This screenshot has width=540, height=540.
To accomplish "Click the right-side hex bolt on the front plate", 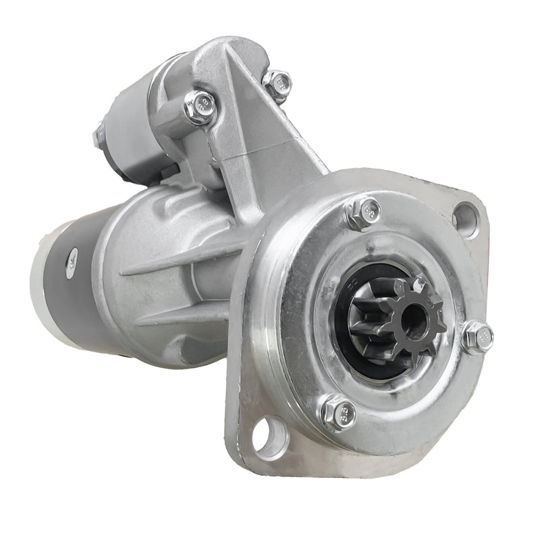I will pyautogui.click(x=478, y=335).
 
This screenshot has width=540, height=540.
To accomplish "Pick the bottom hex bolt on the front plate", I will pyautogui.click(x=338, y=414).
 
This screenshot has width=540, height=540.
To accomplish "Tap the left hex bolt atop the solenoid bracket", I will pyautogui.click(x=200, y=107).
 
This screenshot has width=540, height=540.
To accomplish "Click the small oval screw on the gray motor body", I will pyautogui.click(x=72, y=258).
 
